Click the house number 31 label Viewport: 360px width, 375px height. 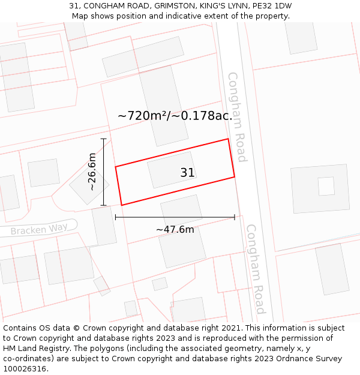[x=187, y=173]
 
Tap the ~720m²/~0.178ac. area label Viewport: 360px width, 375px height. [x=175, y=116]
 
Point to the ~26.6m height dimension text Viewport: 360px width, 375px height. [x=92, y=172]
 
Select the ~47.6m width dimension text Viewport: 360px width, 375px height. [x=175, y=230]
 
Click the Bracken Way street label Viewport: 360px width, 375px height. [x=39, y=229]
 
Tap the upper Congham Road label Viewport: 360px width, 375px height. [x=237, y=117]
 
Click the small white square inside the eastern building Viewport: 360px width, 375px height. [x=326, y=186]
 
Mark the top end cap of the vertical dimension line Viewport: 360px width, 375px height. [x=104, y=139]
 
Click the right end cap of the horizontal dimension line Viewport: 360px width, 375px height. [x=235, y=217]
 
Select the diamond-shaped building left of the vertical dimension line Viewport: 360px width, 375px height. [x=89, y=184]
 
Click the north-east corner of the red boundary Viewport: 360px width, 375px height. [x=228, y=139]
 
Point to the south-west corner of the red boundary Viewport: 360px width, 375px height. [x=122, y=205]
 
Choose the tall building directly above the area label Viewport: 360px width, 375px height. [x=164, y=105]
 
